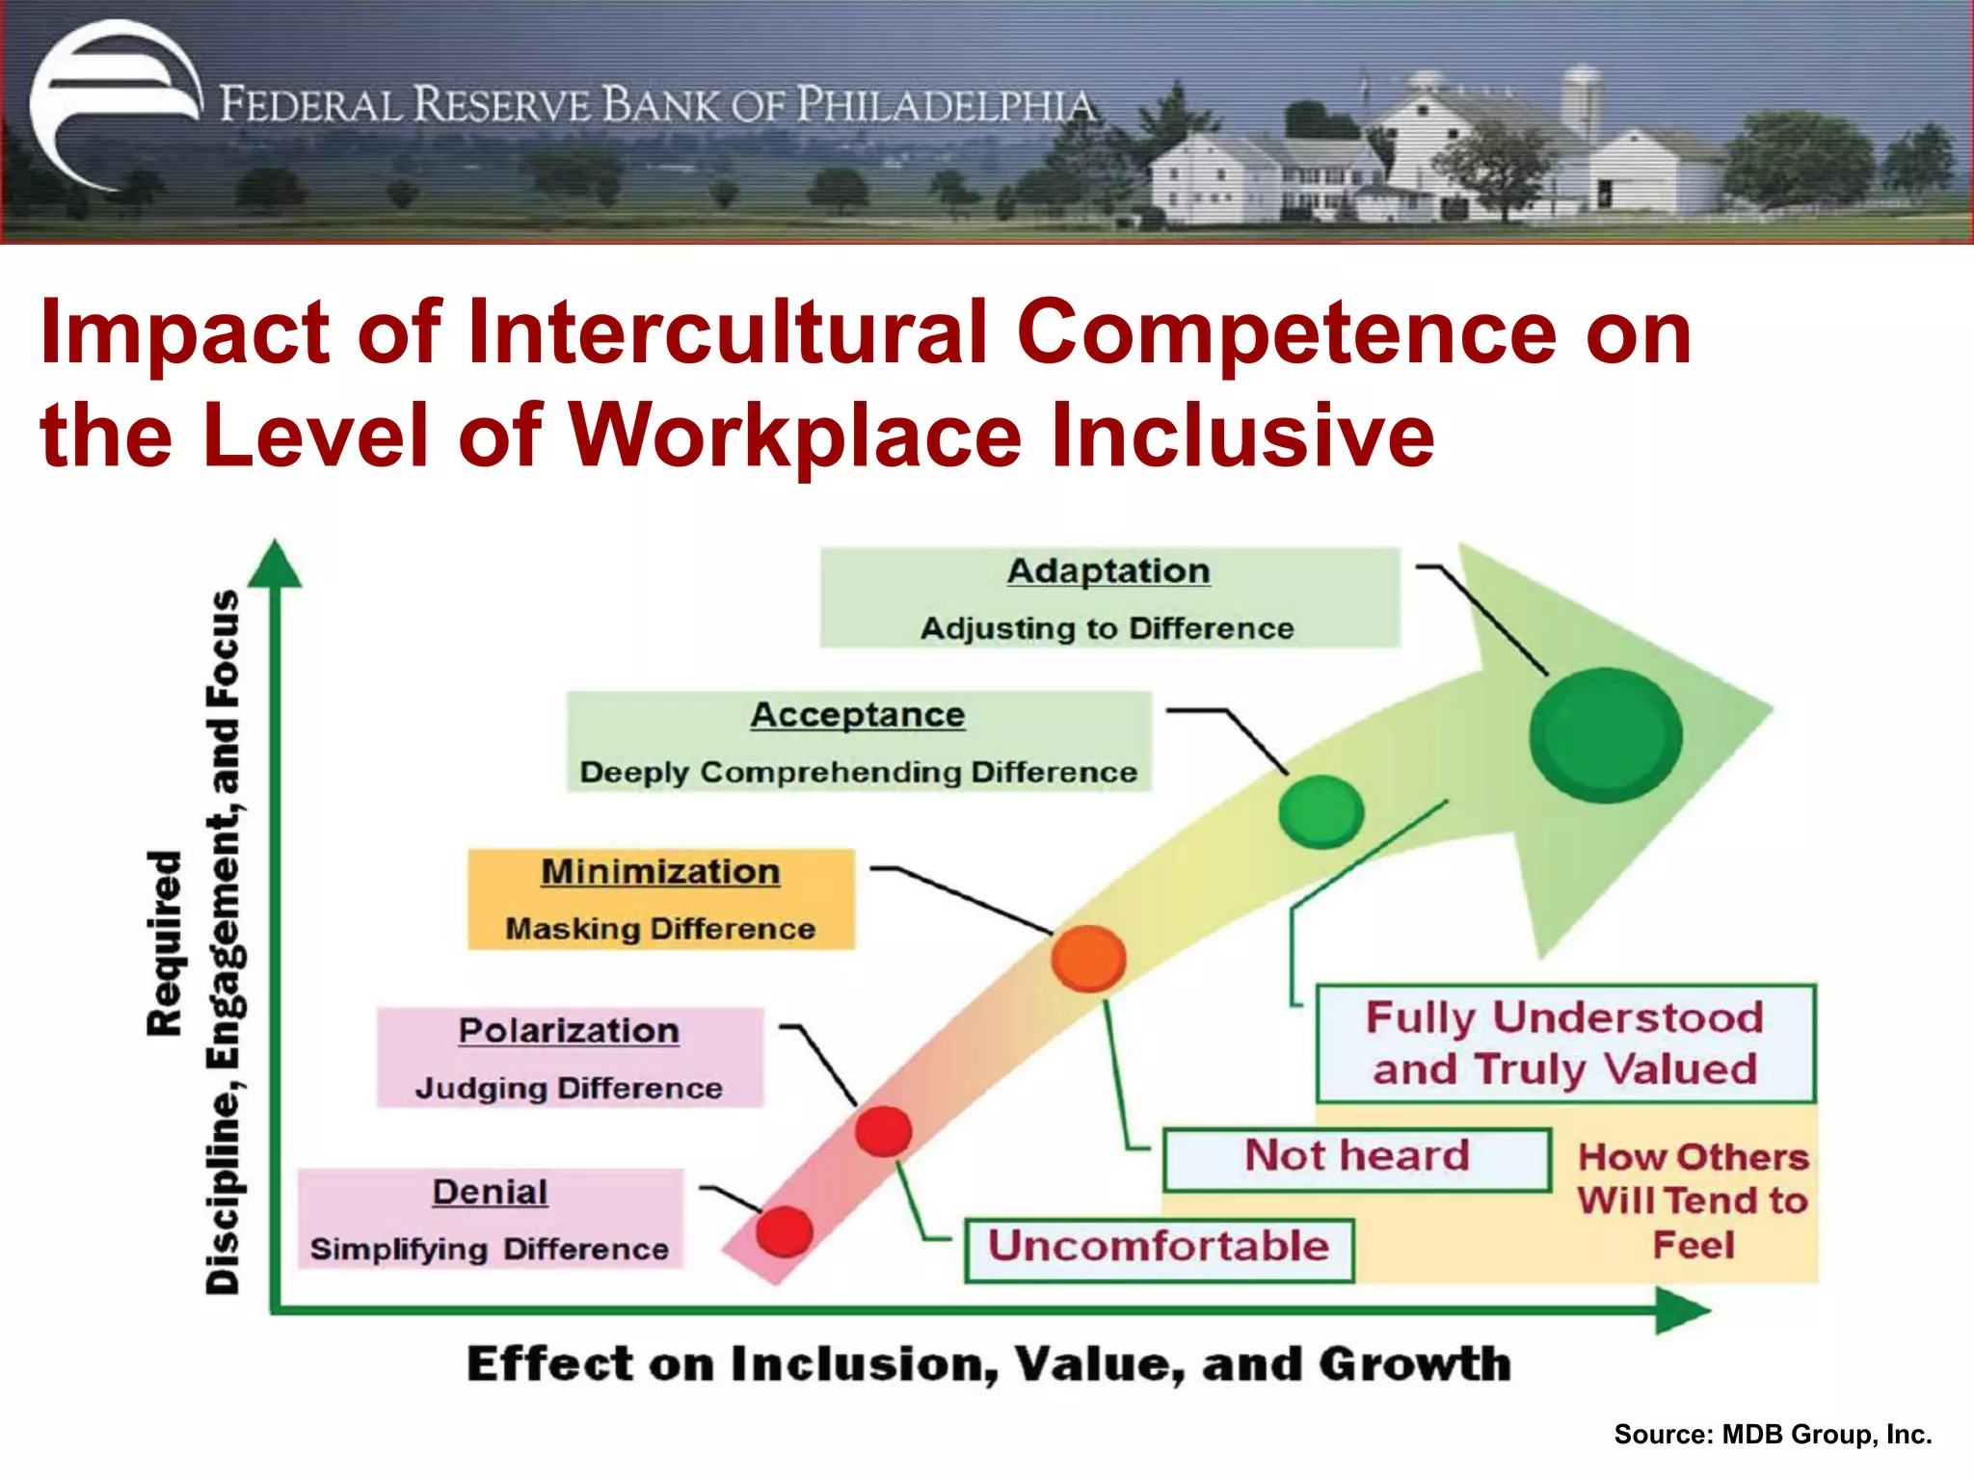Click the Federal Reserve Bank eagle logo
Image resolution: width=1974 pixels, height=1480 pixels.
pos(114,104)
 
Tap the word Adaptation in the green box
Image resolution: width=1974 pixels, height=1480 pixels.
pos(1108,571)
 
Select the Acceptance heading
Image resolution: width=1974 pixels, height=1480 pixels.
pos(858,715)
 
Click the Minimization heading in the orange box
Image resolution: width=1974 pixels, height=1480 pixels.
pos(660,872)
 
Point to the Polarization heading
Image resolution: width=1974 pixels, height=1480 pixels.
pos(569,1031)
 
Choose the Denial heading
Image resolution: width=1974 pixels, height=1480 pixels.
pos(490,1193)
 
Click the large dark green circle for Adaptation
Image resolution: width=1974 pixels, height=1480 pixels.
pos(1605,735)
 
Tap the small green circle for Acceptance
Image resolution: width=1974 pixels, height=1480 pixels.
pos(1320,811)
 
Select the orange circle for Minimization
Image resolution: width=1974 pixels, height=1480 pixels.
pos(1088,958)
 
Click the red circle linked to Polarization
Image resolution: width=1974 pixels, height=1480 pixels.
pos(883,1131)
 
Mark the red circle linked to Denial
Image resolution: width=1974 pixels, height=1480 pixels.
pos(784,1231)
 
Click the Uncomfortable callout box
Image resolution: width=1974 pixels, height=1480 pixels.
pos(1159,1249)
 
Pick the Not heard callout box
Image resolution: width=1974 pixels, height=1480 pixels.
pos(1356,1158)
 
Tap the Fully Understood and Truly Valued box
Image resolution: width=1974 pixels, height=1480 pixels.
pos(1565,1044)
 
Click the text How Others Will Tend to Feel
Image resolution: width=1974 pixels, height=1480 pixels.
pos(1693,1201)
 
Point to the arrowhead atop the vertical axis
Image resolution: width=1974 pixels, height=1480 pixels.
pos(276,565)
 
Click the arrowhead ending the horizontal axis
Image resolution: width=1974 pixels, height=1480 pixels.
pos(1681,1310)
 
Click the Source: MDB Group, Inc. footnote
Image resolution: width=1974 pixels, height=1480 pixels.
pos(1773,1435)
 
